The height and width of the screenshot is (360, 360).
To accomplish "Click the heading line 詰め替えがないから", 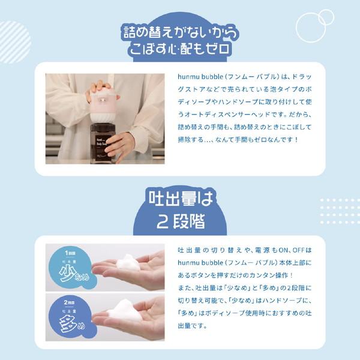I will [180, 30].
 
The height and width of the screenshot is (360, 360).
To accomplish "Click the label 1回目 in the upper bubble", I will [71, 254].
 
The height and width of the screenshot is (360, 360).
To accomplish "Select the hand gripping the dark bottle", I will [120, 144].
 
